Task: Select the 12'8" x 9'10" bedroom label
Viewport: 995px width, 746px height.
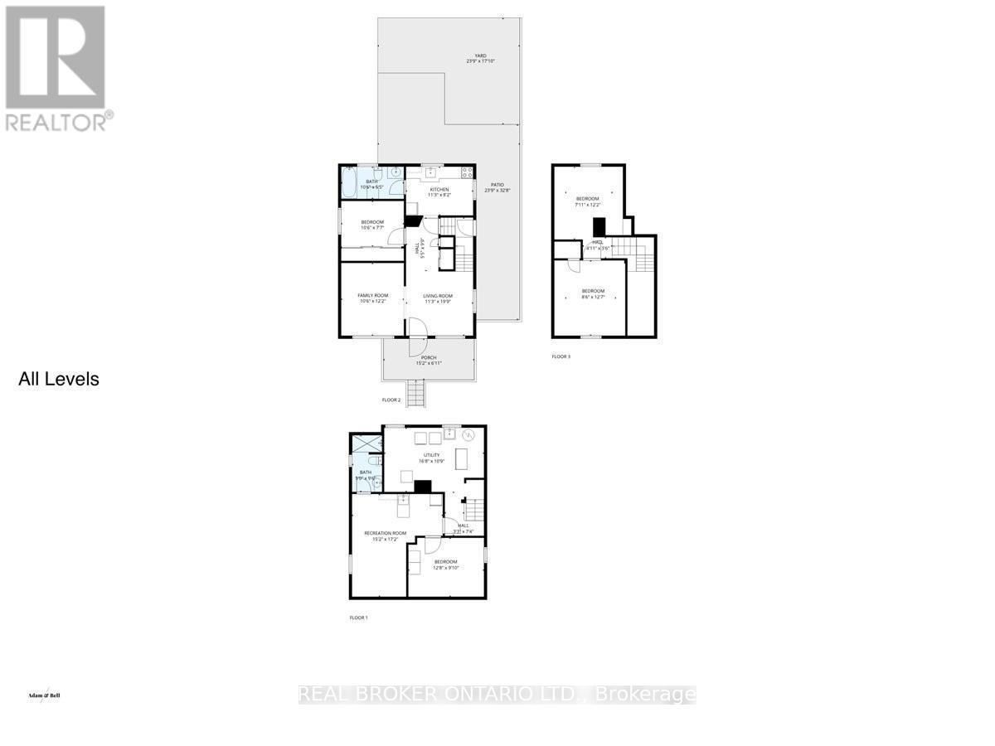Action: click(x=445, y=564)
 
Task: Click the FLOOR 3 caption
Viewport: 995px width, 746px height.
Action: click(x=561, y=356)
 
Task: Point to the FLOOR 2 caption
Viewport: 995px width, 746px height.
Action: click(x=391, y=400)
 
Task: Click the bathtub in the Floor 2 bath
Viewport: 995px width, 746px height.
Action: click(x=349, y=182)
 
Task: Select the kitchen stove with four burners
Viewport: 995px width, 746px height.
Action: click(x=466, y=173)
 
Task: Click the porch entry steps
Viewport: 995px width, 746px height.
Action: click(x=415, y=391)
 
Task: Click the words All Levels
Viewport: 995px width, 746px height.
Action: click(x=59, y=380)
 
